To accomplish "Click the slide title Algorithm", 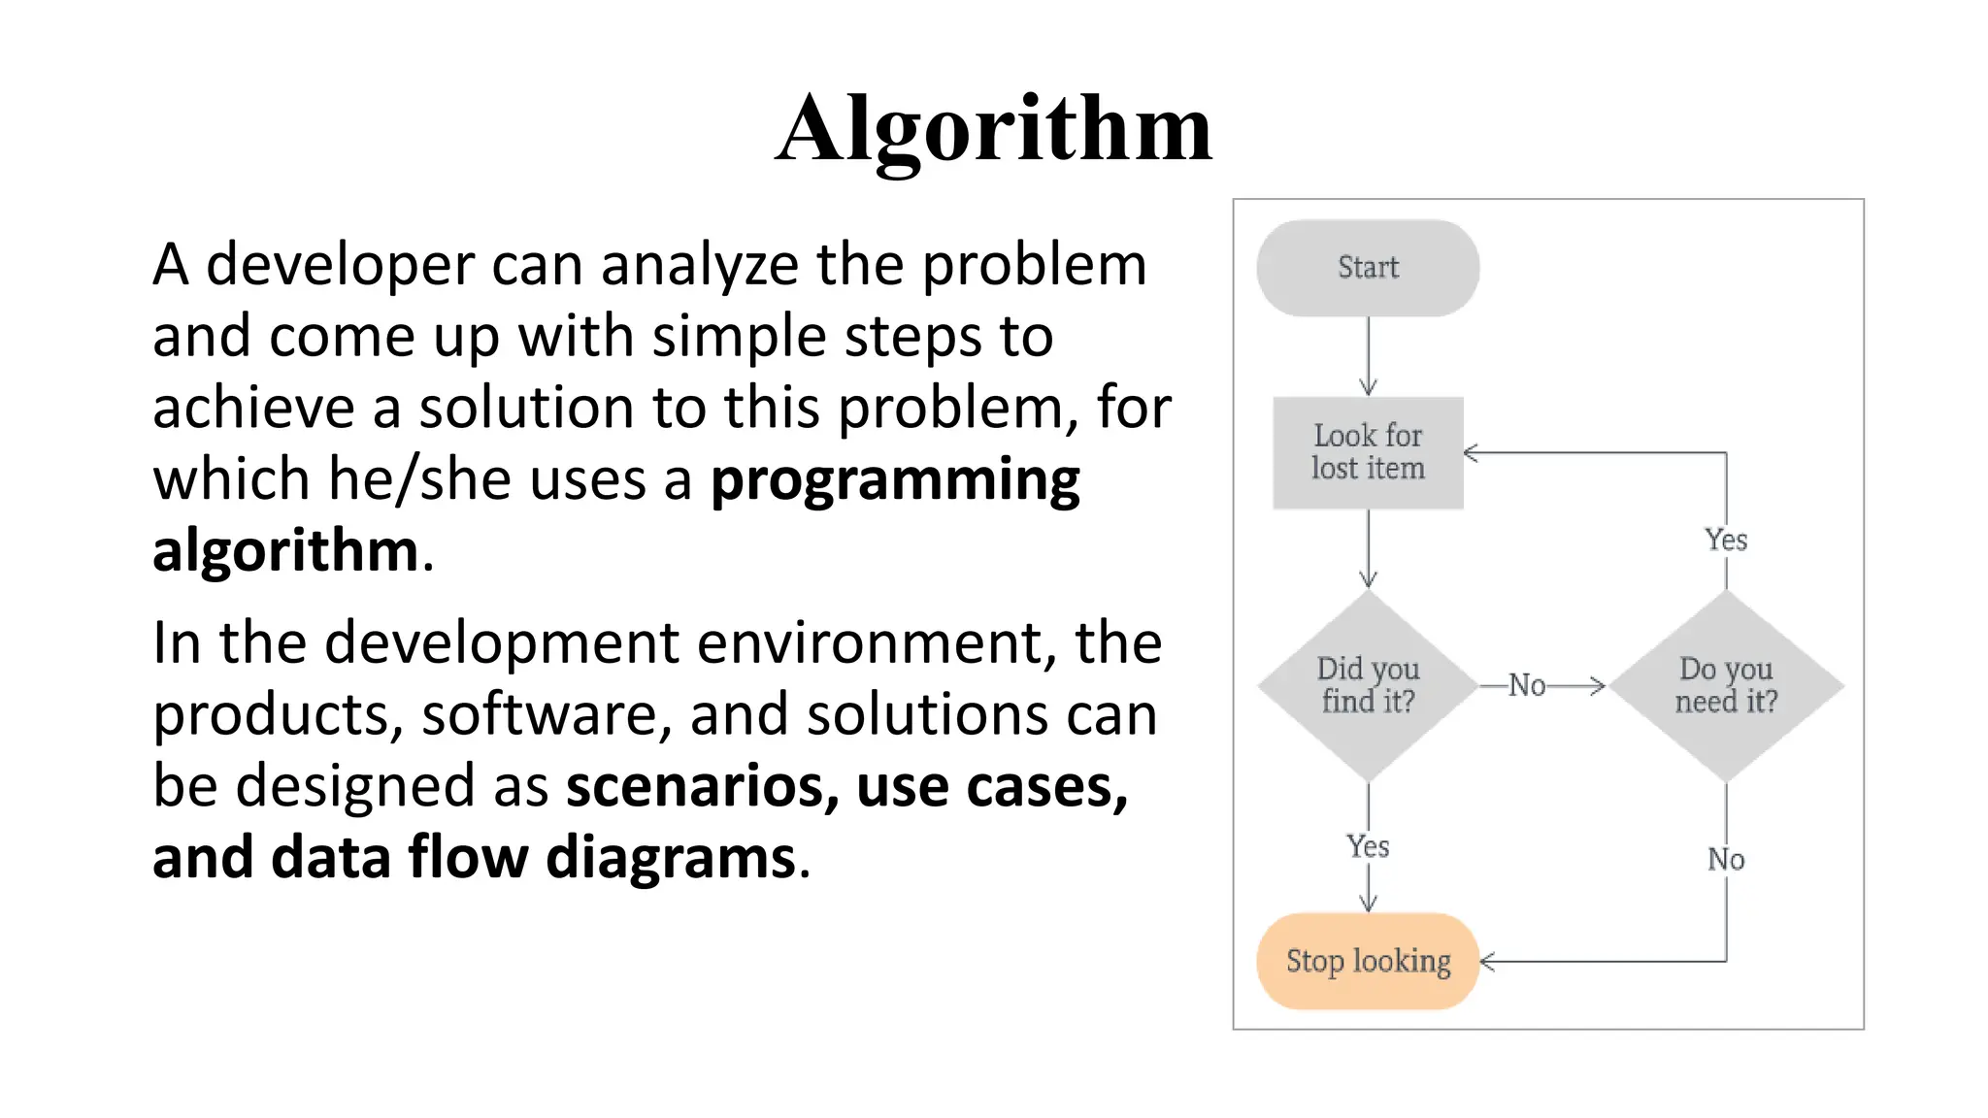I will point(994,129).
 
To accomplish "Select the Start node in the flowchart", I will point(1368,268).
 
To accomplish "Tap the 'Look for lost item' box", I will point(1368,452).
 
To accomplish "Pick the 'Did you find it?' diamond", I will point(1368,685).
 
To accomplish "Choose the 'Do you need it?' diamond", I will point(1726,685).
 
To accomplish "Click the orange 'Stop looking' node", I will point(1368,961).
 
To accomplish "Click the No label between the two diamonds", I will point(1527,685).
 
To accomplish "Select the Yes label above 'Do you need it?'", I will point(1726,540).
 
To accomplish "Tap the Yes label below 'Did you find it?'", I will point(1368,846).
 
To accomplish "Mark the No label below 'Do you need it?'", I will point(1726,859).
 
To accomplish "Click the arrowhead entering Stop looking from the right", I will point(1486,962).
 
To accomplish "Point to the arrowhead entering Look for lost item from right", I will point(1470,452).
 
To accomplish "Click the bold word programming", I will point(895,481).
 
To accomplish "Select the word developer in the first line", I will point(340,265).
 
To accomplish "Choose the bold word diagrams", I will point(671,858).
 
